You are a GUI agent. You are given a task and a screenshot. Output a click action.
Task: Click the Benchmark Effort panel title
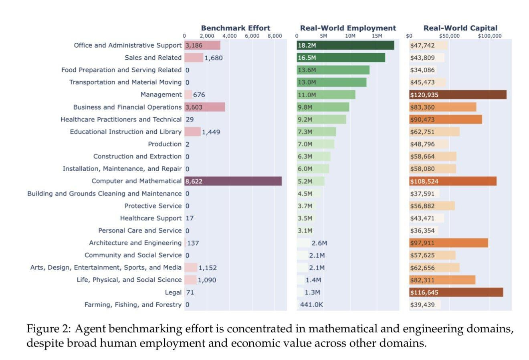[236, 28]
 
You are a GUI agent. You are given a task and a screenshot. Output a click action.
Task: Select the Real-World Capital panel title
[460, 28]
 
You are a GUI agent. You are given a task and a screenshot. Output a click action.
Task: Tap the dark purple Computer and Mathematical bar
[233, 181]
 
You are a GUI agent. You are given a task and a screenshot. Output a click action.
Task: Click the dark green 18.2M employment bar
[345, 45]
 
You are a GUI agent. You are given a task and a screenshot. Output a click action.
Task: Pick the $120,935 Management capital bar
[458, 94]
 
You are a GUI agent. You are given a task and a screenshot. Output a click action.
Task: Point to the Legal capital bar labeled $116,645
[456, 292]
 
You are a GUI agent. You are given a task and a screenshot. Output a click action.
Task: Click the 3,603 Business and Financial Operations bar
[205, 107]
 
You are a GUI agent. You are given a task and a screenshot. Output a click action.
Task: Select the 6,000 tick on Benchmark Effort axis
[252, 36]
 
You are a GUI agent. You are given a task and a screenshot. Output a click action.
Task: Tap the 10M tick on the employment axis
[350, 36]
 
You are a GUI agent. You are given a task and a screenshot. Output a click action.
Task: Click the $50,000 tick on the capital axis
[449, 36]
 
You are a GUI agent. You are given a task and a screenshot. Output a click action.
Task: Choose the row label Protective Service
[153, 206]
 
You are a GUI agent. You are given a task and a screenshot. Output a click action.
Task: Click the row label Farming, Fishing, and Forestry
[133, 304]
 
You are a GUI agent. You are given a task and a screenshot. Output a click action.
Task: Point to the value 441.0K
[311, 304]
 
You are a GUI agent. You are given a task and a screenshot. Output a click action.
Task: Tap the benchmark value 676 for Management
[199, 95]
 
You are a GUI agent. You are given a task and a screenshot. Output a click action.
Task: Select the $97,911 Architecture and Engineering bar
[449, 243]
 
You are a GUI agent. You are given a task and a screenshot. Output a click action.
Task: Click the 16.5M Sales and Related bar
[341, 58]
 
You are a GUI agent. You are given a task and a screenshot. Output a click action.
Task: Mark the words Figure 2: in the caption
[48, 329]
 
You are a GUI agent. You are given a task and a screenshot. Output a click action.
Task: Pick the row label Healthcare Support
[151, 218]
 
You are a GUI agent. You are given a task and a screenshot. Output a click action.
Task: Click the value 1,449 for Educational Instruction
[211, 132]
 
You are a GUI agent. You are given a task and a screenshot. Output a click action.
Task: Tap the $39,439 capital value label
[422, 304]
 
